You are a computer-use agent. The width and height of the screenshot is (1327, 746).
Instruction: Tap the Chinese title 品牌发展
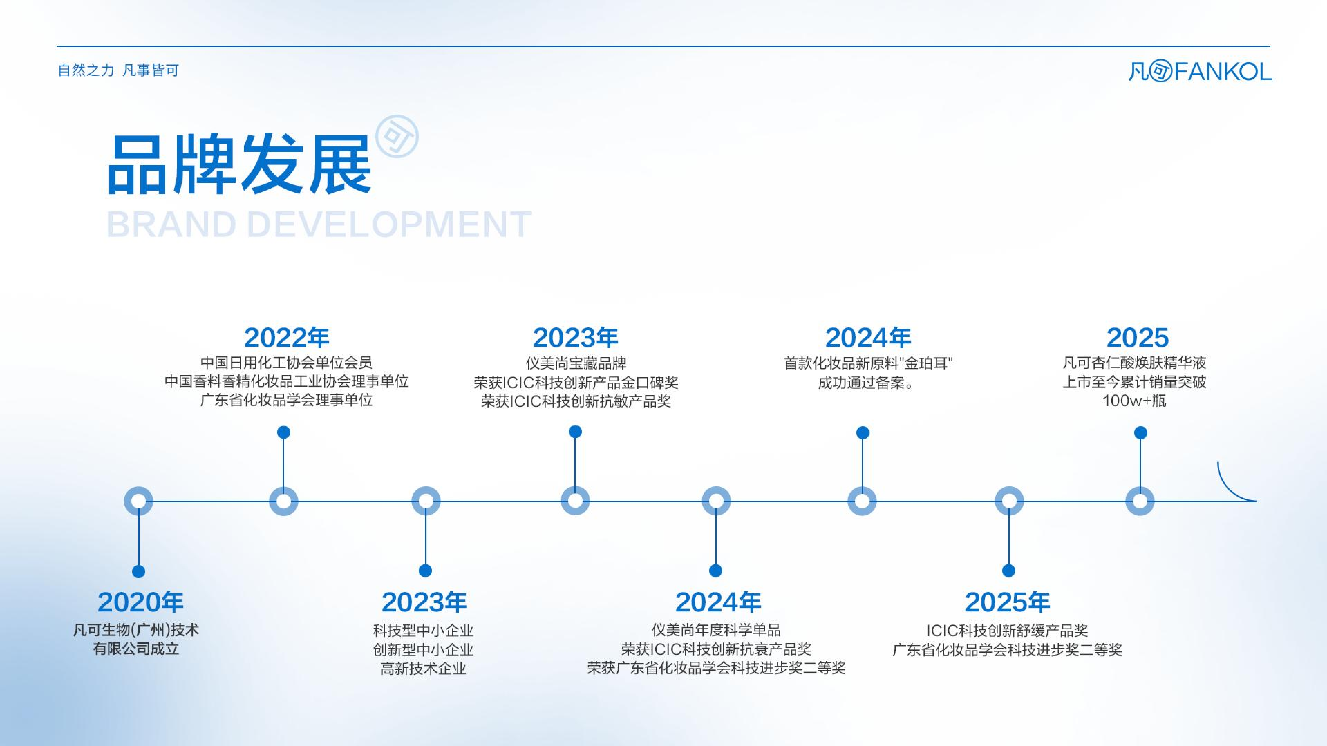(x=239, y=164)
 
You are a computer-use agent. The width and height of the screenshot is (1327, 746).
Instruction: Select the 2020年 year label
(x=140, y=602)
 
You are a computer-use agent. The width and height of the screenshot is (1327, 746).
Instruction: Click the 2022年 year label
(x=286, y=338)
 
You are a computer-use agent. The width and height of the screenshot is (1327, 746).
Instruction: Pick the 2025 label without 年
(x=1137, y=338)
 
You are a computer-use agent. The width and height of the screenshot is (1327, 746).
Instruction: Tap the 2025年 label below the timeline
(x=1007, y=602)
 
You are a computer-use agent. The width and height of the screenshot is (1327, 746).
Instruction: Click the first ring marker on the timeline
(x=139, y=501)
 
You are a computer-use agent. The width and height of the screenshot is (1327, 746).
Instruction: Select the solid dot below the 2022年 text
(x=283, y=432)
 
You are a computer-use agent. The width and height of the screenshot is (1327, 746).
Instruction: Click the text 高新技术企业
(x=423, y=668)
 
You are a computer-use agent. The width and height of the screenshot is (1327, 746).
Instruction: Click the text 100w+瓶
(x=1134, y=401)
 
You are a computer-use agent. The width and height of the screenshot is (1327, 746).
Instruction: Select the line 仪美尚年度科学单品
(x=716, y=630)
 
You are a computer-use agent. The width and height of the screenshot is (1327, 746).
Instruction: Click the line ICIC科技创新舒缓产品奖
(x=1007, y=630)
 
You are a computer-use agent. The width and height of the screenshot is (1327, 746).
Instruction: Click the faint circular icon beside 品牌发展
(x=397, y=136)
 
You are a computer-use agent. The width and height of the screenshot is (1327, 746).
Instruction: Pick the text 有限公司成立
(x=136, y=649)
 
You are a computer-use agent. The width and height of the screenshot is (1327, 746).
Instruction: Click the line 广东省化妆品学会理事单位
(x=286, y=400)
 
